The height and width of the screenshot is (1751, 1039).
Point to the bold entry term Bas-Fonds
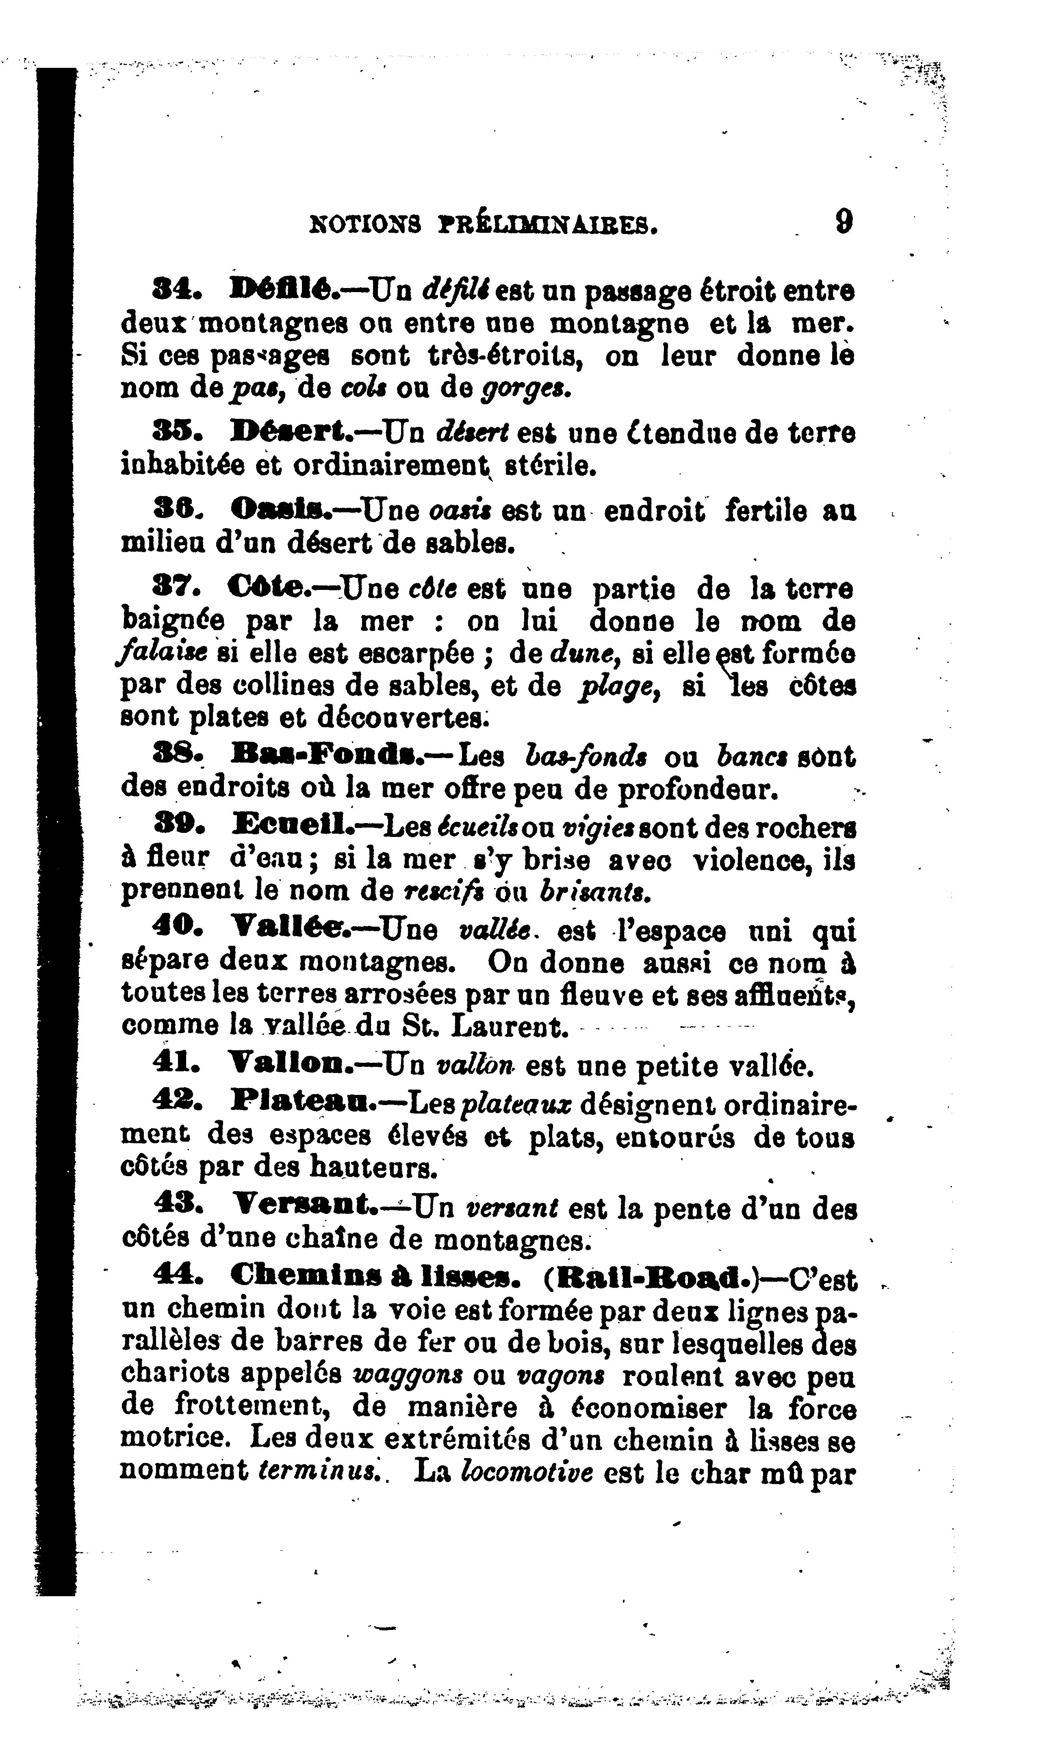point(324,756)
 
